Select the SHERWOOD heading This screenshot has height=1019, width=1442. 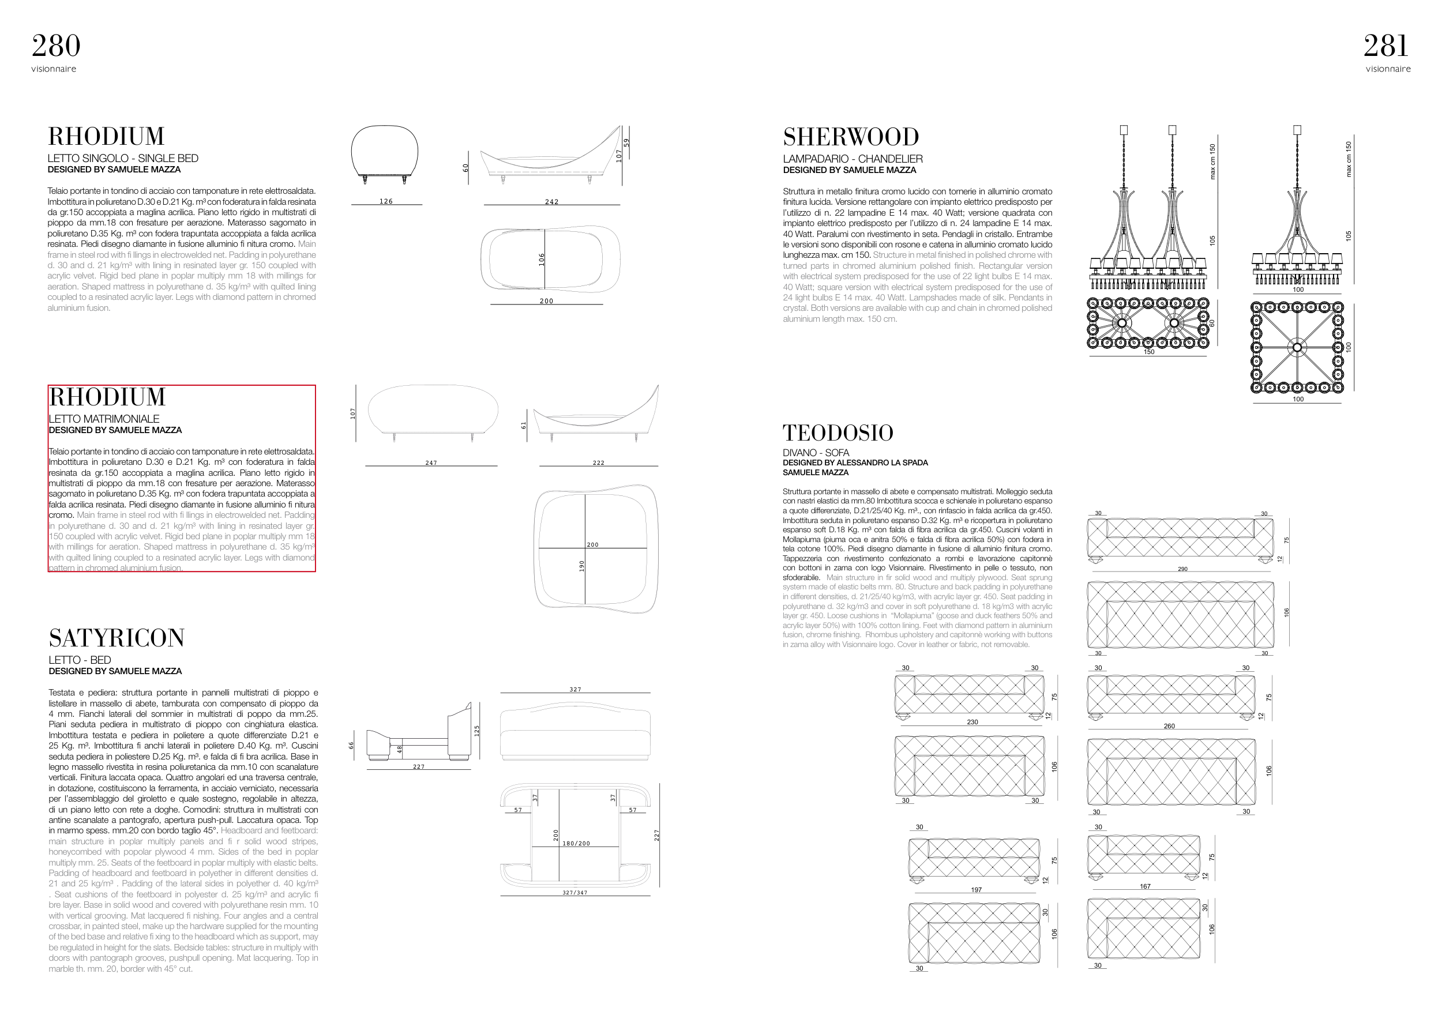(x=850, y=137)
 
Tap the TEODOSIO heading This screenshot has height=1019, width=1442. (x=837, y=433)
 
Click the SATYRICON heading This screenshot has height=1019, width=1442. (x=117, y=638)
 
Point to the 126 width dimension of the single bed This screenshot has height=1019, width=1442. (x=386, y=201)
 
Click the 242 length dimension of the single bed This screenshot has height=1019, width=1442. (x=551, y=201)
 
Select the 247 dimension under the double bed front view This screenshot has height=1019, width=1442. (x=431, y=463)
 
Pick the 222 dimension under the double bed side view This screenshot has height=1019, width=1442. (x=599, y=463)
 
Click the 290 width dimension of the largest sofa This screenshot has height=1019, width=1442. (x=1182, y=569)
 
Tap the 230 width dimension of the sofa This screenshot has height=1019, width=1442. (x=972, y=722)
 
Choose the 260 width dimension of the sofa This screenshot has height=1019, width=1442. (x=1169, y=726)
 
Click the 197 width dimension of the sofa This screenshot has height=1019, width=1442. (x=975, y=890)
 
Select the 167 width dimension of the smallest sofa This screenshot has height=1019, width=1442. (x=1145, y=886)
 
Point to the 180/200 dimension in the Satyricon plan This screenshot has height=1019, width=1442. (x=576, y=843)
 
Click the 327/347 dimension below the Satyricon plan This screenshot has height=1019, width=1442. (x=574, y=892)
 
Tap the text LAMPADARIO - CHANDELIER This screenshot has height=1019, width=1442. (x=853, y=159)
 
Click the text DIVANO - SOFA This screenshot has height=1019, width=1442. (x=815, y=453)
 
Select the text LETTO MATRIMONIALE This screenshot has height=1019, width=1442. (x=104, y=419)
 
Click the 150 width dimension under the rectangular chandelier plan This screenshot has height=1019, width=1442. (x=1149, y=352)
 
